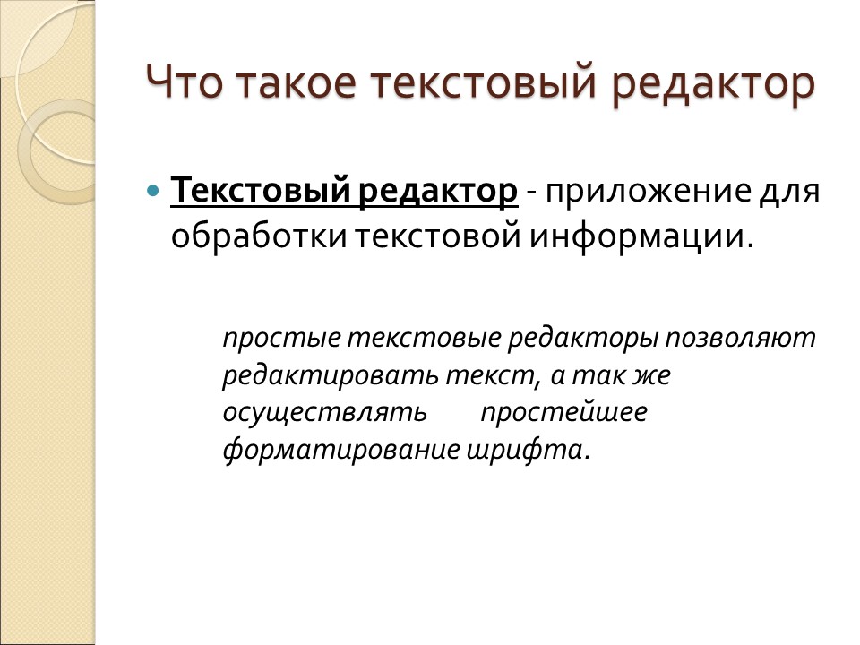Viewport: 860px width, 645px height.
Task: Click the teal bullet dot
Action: [152, 191]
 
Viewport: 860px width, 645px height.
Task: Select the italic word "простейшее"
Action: [563, 413]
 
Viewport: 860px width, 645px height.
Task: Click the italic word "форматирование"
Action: [340, 449]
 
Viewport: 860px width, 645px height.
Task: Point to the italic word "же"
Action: [651, 376]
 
